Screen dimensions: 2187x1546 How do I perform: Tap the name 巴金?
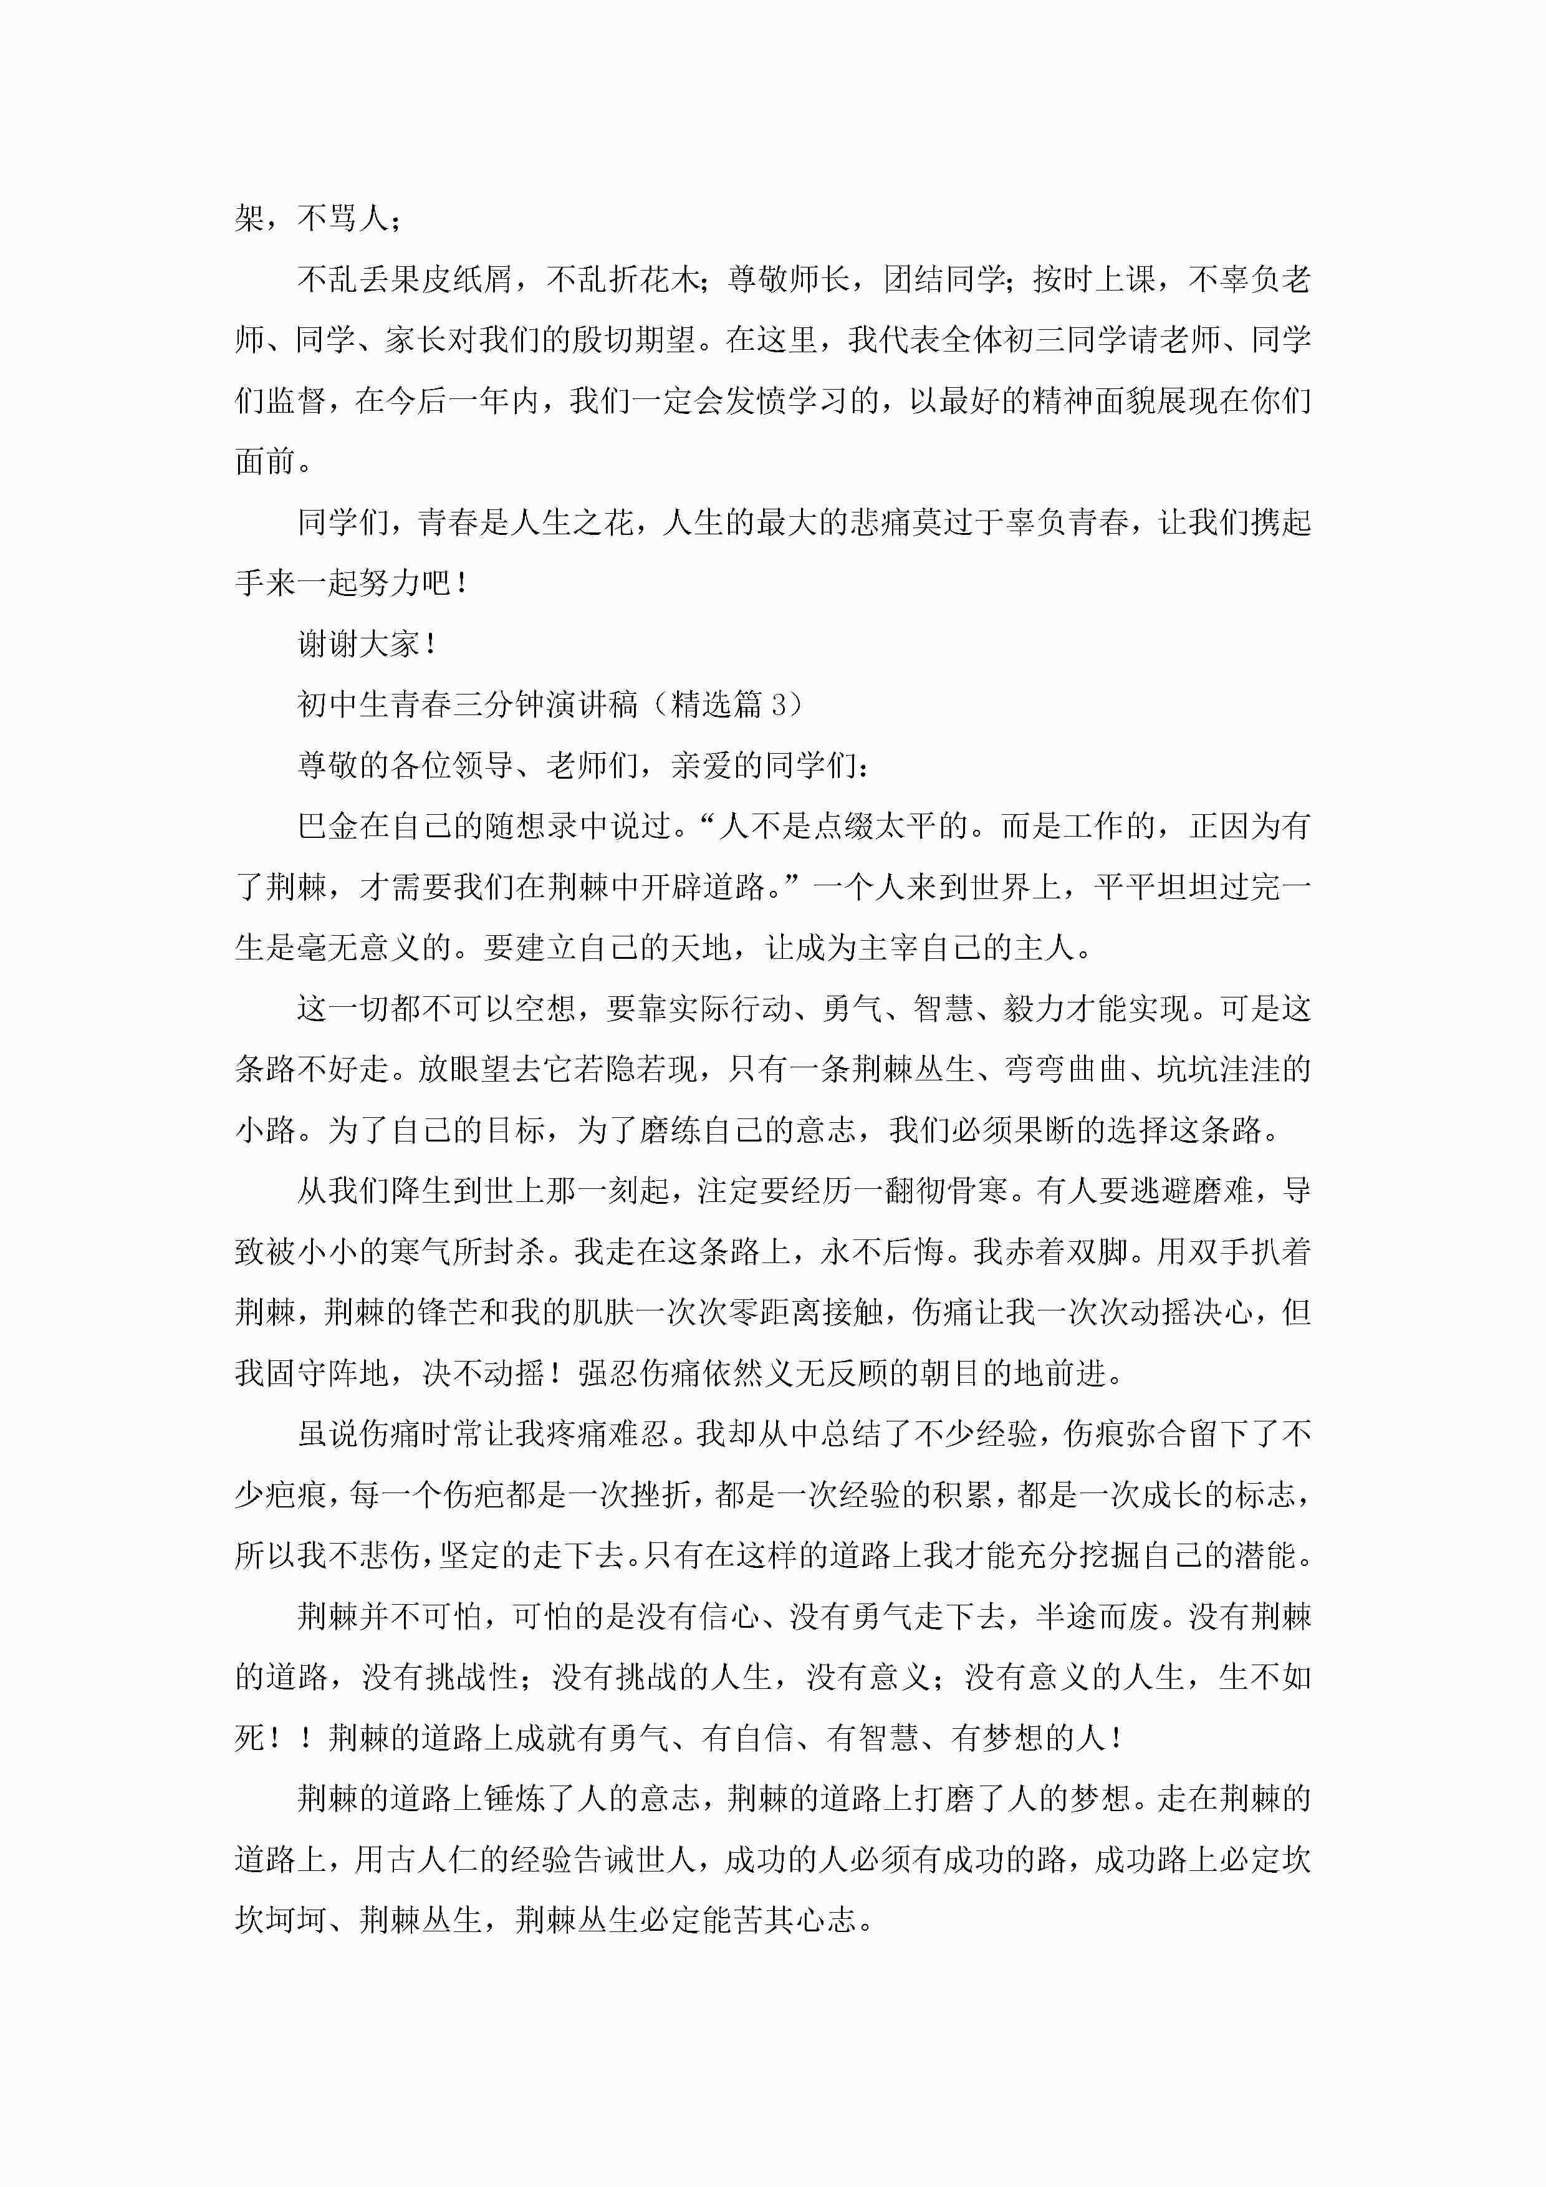(328, 826)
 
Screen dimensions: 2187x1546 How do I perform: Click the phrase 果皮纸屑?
(451, 279)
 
